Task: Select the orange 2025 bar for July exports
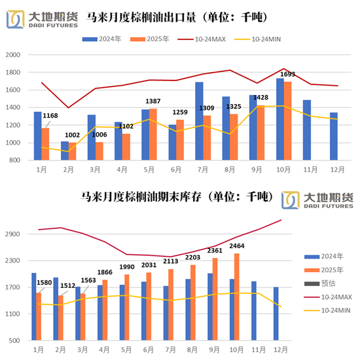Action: coord(207,137)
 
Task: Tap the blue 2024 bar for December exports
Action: coord(334,136)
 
